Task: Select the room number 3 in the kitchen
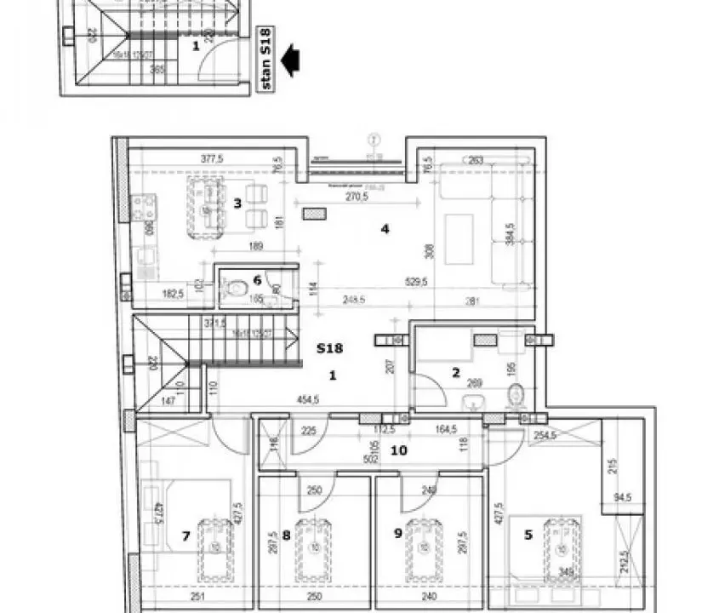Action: click(237, 203)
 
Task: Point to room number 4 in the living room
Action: click(385, 228)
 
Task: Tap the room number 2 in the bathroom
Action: click(455, 372)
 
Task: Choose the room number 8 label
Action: click(287, 535)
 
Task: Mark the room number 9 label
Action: click(397, 535)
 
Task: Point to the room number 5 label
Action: click(528, 535)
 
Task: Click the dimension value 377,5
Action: click(211, 158)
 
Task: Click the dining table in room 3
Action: click(205, 207)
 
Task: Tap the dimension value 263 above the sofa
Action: click(476, 158)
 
